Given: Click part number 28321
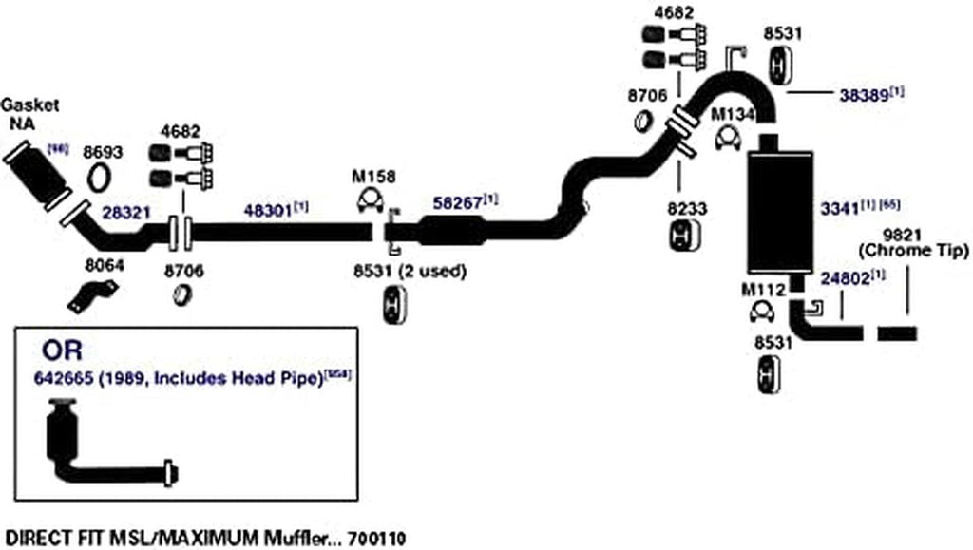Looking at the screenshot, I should [x=126, y=213].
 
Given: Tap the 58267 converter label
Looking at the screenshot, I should [x=459, y=201].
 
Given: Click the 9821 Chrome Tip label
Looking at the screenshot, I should [x=908, y=242].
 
